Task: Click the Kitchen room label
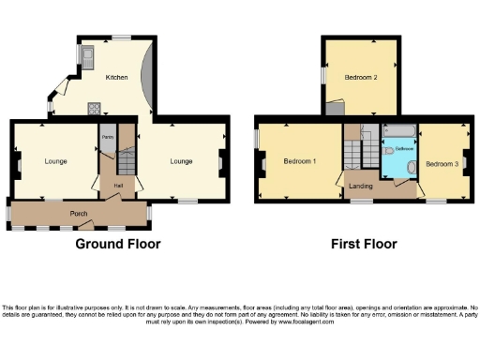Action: coord(116,77)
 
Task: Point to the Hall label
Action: coord(118,186)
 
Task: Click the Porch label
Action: coord(79,214)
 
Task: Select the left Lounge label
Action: coord(55,161)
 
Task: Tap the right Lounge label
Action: coord(181,161)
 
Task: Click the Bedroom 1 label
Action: coord(299,161)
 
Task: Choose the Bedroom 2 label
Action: coord(360,77)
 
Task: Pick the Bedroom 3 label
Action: coord(441,163)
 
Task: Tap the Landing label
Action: coord(361,186)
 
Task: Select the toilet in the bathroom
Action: coord(389,150)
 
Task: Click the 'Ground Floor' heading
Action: coord(117,244)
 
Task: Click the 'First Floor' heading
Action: coord(364,244)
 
